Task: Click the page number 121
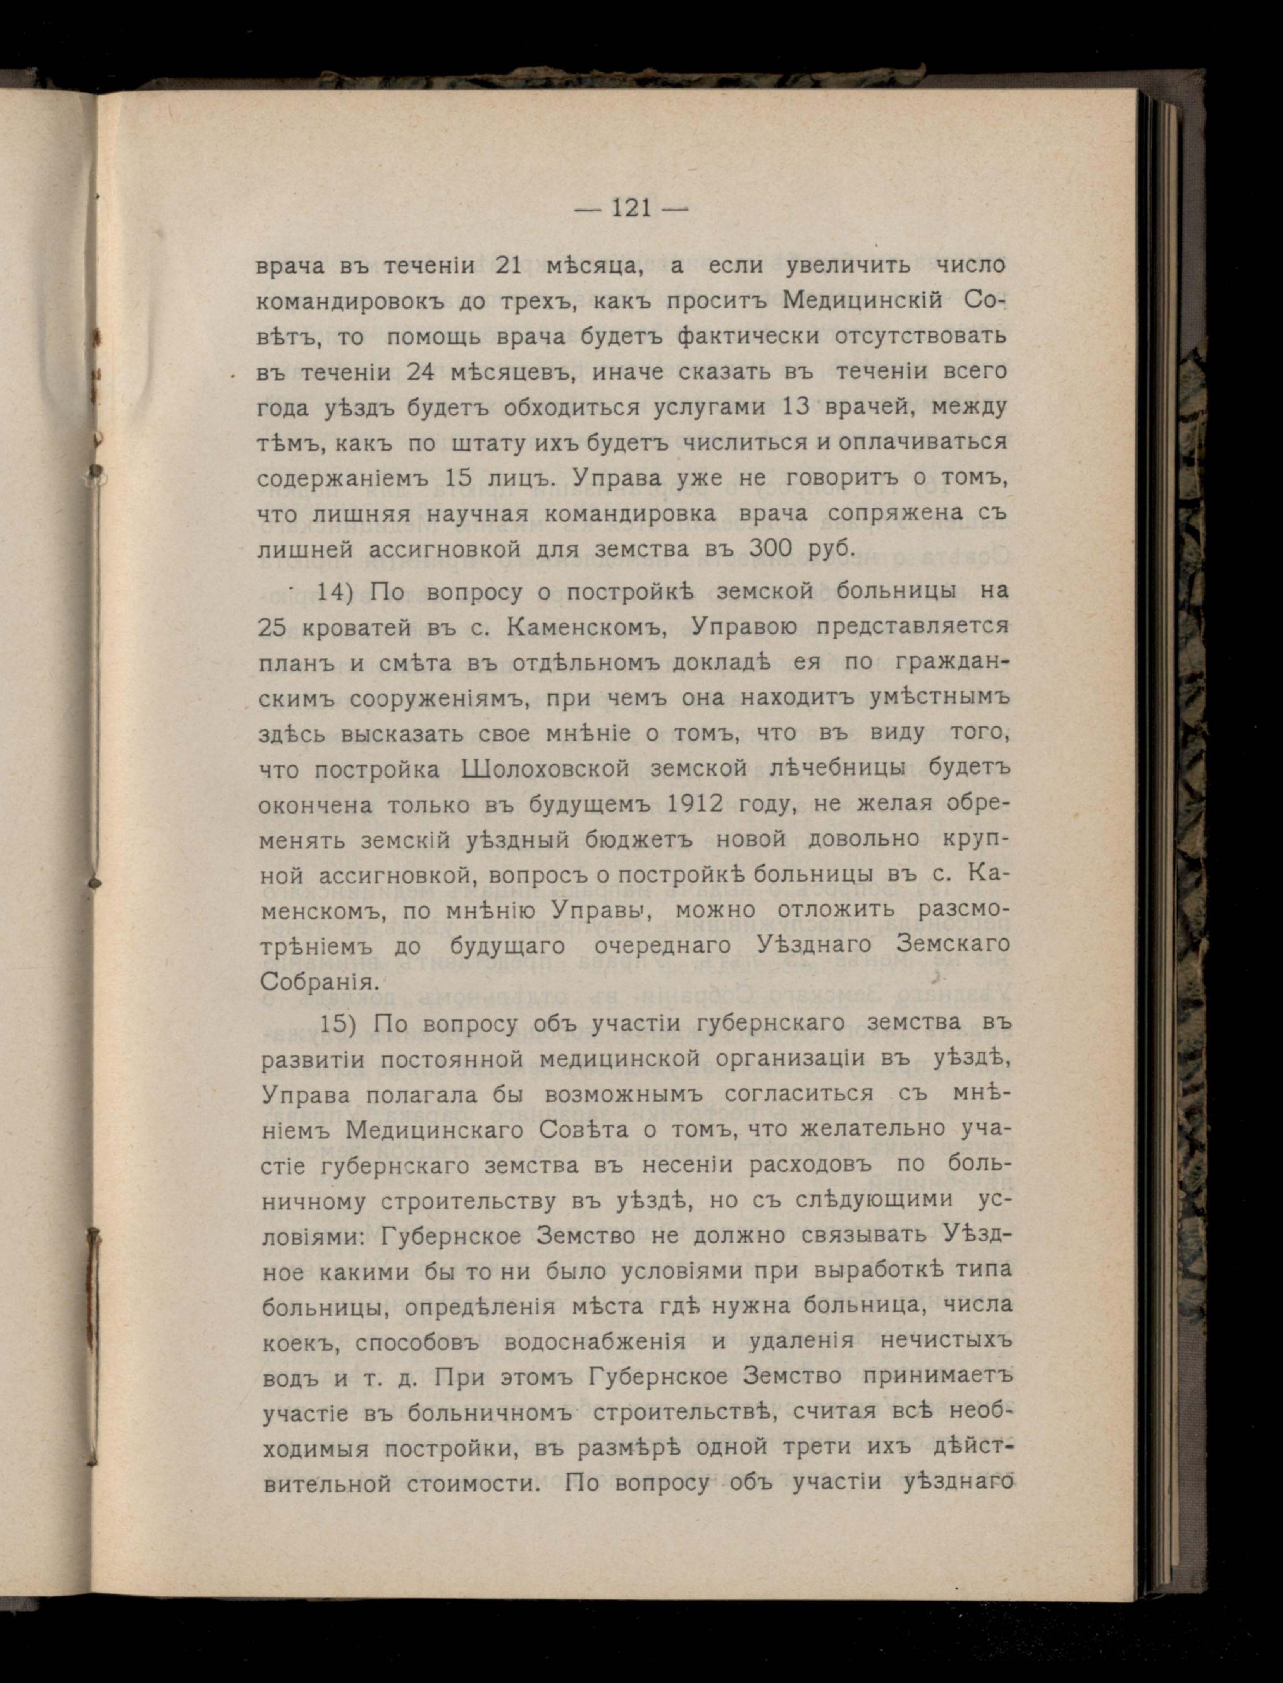click(631, 208)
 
